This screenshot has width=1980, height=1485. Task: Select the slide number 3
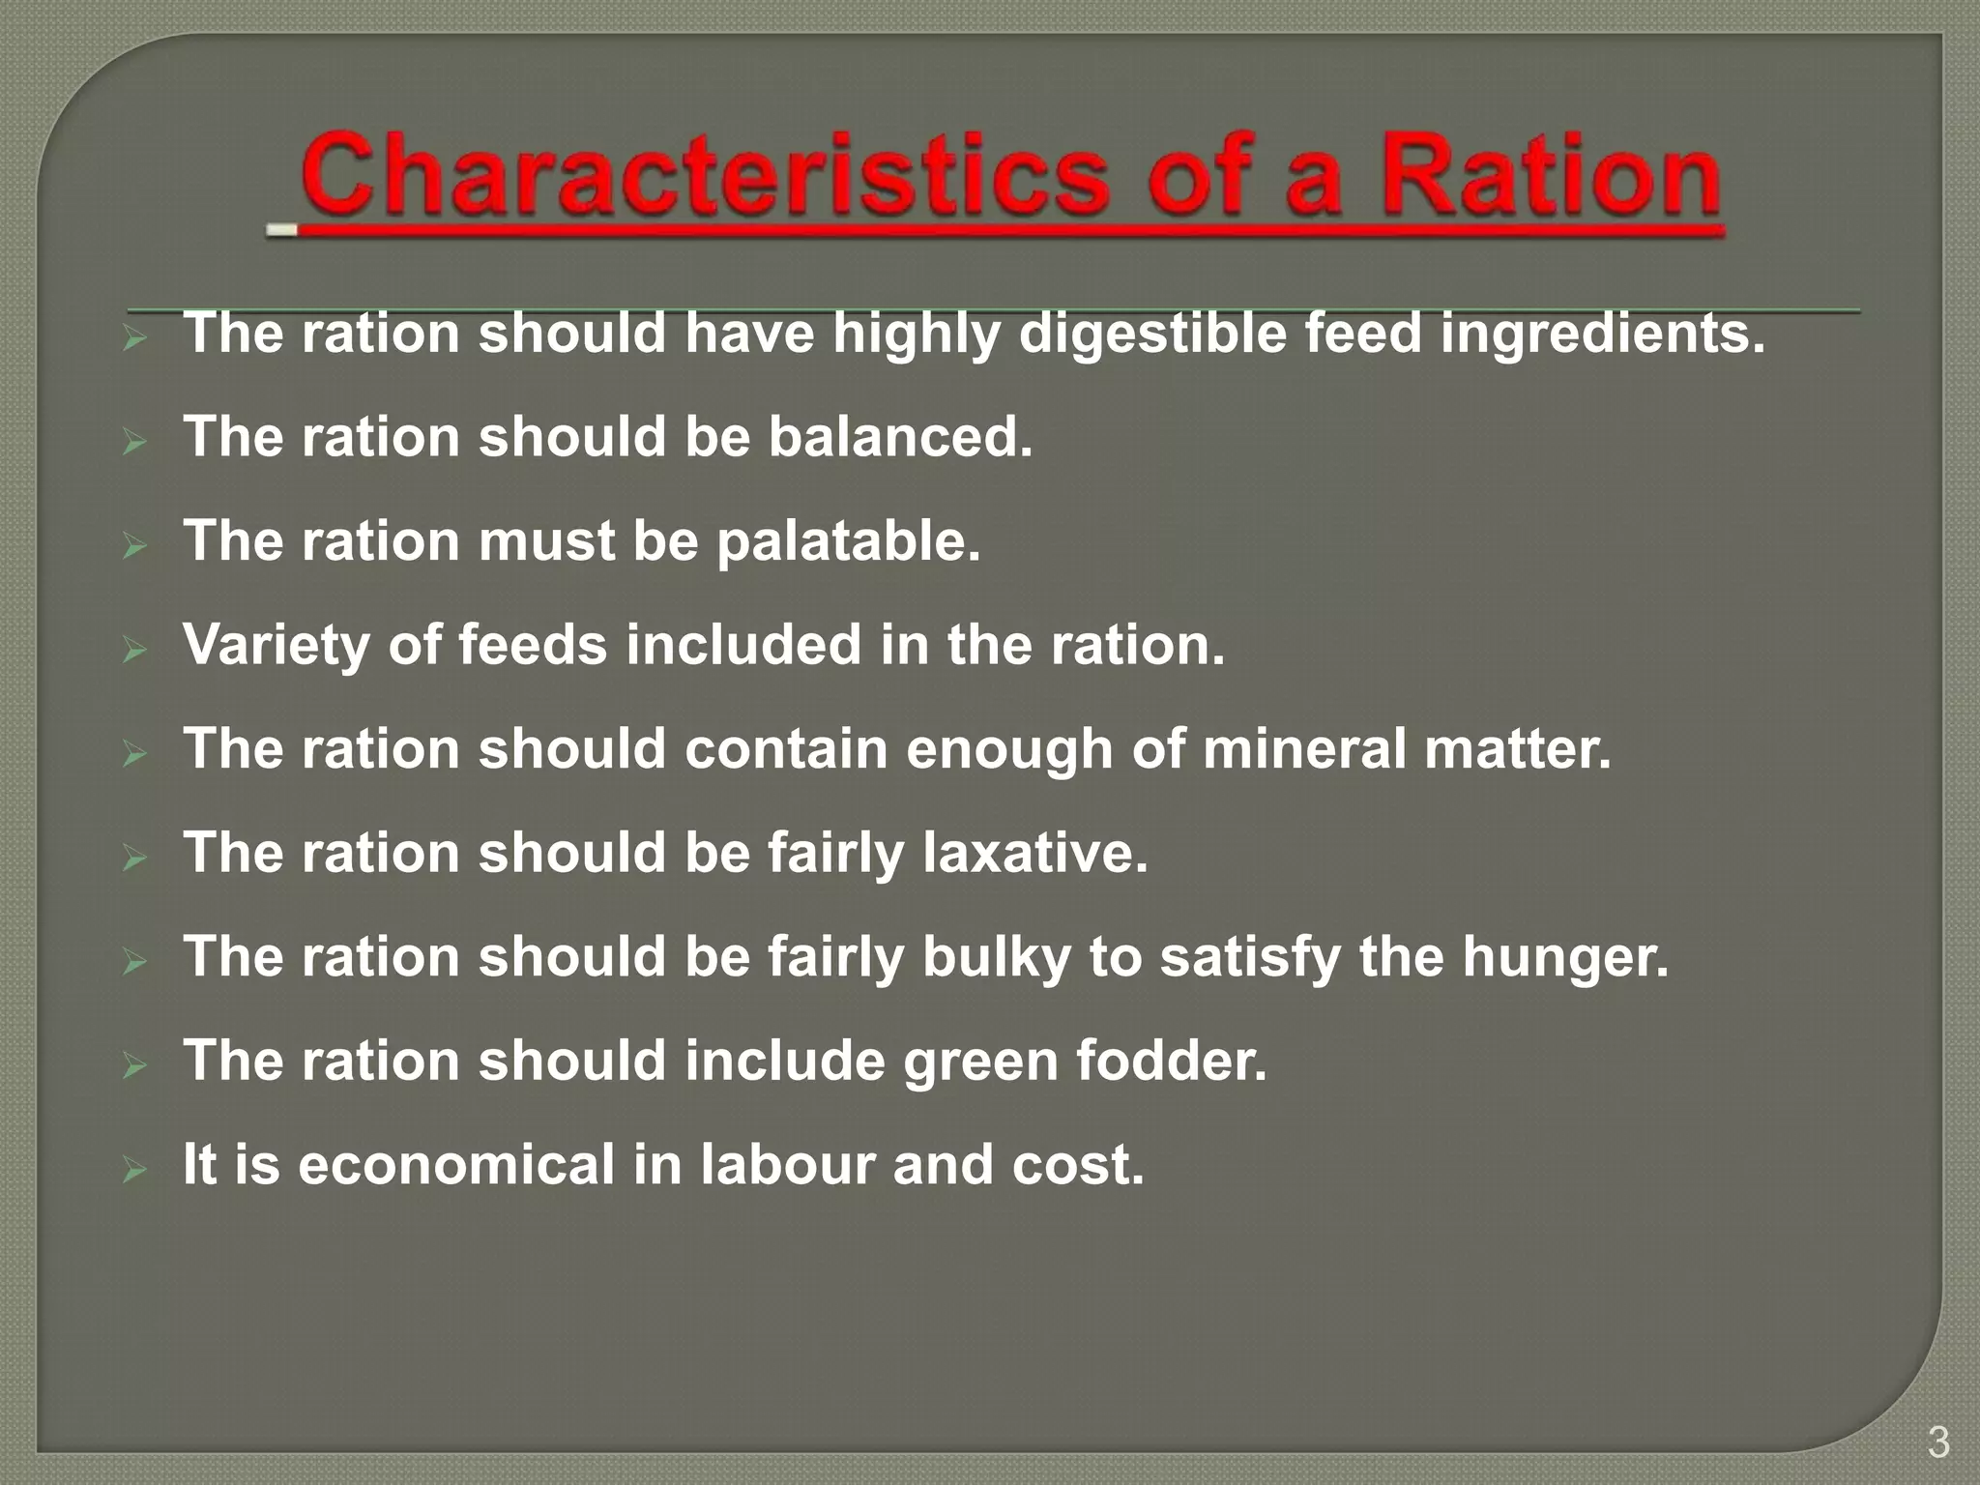(x=1937, y=1442)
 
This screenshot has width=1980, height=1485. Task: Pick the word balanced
(x=900, y=437)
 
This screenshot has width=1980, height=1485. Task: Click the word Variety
(x=276, y=645)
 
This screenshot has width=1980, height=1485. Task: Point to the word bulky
(x=997, y=957)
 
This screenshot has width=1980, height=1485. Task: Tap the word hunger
(x=1564, y=957)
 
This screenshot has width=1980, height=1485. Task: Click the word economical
(x=456, y=1164)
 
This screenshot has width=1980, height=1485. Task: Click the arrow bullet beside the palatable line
(x=134, y=547)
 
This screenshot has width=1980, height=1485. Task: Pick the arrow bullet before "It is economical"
(x=134, y=1171)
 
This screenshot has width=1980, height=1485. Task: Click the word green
(x=980, y=1063)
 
